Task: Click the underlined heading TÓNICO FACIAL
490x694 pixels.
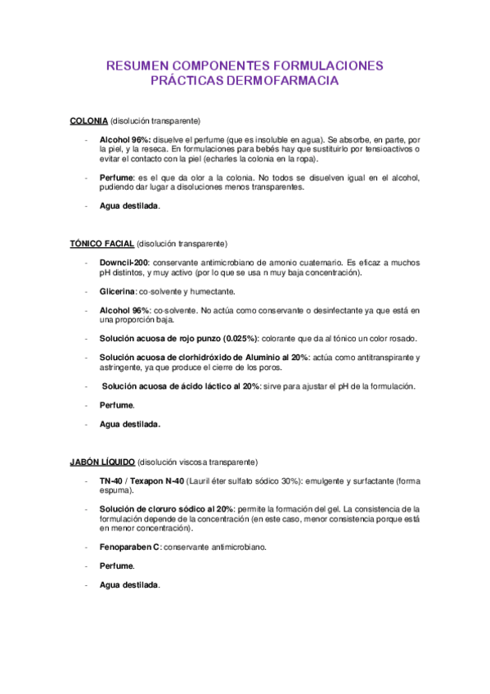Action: [x=102, y=244]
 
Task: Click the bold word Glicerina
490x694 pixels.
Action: [x=117, y=291]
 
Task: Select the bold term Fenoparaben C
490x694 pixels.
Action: [x=130, y=547]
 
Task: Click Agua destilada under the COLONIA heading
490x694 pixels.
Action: [x=128, y=206]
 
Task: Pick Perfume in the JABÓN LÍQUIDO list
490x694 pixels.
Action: [x=116, y=566]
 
